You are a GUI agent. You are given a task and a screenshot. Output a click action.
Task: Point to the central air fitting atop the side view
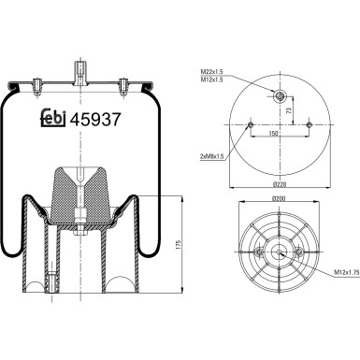[79, 72]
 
